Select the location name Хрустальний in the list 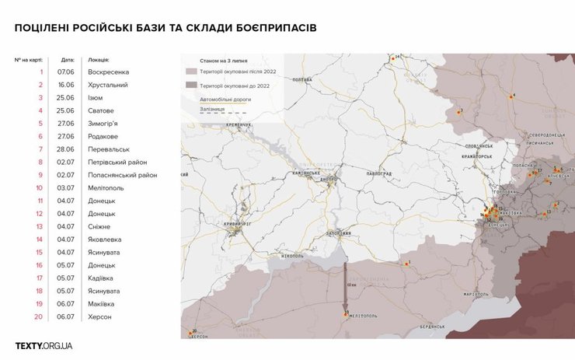click(x=108, y=85)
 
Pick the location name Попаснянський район click(x=123, y=175)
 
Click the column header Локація click(x=99, y=59)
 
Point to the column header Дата click(x=68, y=59)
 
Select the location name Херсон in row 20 click(x=100, y=316)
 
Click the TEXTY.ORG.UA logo click(x=44, y=345)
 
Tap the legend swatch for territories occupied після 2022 click(x=190, y=72)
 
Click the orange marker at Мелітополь click(x=345, y=313)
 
